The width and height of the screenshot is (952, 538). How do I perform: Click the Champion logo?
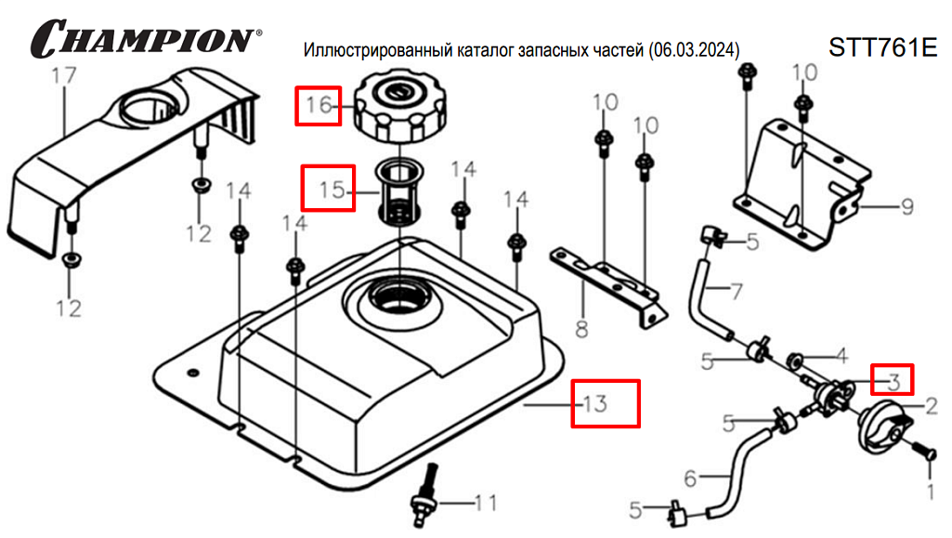[x=146, y=38]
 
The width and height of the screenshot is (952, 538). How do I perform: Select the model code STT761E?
[x=882, y=47]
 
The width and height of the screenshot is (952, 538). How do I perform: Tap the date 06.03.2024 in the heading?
[x=694, y=50]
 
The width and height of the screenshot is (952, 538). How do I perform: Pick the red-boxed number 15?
[x=333, y=190]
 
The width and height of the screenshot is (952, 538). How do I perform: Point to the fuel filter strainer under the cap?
[x=398, y=193]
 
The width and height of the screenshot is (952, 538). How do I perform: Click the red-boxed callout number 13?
[x=595, y=403]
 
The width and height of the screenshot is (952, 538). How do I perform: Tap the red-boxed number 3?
[x=893, y=381]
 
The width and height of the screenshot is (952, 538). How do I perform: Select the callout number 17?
[x=64, y=76]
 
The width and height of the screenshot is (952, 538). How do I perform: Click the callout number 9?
[x=907, y=207]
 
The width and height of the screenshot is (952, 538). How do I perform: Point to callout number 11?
[x=486, y=503]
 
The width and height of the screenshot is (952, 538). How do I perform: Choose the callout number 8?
[x=581, y=330]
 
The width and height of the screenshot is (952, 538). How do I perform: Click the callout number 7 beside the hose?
[x=737, y=292]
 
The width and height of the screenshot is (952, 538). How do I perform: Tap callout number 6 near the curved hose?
[x=690, y=479]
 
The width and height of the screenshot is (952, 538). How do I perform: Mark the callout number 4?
[x=841, y=355]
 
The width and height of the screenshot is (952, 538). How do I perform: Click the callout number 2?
[x=932, y=406]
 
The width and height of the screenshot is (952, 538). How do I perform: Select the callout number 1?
[x=930, y=491]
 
